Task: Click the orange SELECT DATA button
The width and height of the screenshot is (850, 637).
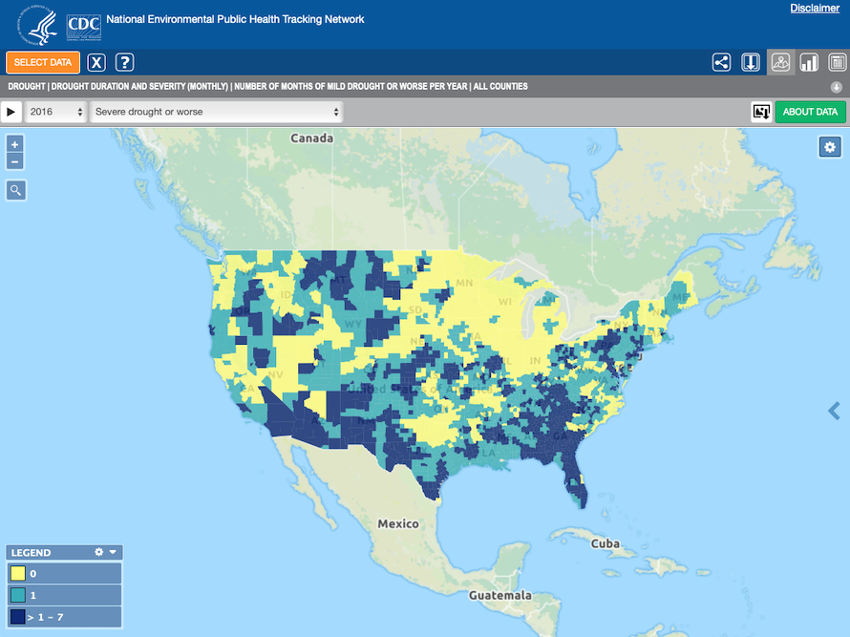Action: [x=43, y=63]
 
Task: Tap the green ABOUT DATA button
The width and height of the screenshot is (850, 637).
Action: [x=810, y=112]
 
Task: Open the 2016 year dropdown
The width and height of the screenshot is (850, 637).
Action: [x=56, y=112]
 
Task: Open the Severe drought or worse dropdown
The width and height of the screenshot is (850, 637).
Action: [x=216, y=112]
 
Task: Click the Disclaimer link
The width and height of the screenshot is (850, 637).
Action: [x=815, y=9]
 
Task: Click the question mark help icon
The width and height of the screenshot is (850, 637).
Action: [x=124, y=63]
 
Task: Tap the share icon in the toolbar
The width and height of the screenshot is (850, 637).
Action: [x=721, y=63]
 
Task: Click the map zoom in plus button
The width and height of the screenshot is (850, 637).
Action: [x=15, y=144]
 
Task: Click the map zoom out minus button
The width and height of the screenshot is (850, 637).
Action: [x=15, y=161]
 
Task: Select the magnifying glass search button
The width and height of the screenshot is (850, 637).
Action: [x=15, y=190]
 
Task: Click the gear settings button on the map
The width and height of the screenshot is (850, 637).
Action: [x=830, y=147]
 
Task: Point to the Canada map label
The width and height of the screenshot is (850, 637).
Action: [x=312, y=138]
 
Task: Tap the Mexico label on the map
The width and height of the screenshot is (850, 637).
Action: [x=397, y=523]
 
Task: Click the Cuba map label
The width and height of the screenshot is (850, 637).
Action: [x=605, y=543]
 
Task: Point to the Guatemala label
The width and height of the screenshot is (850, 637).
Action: [x=499, y=595]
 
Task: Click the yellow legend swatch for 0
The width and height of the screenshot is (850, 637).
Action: [x=17, y=573]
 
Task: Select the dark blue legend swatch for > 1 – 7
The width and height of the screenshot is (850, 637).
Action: [x=17, y=617]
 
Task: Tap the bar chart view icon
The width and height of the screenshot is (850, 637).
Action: [x=809, y=63]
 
